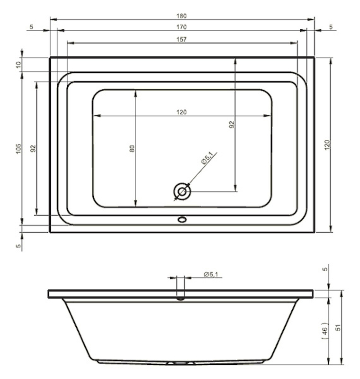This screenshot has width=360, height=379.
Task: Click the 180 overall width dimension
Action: pos(181,16)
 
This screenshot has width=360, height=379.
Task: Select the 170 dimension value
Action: pos(181,27)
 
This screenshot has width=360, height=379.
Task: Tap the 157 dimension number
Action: pos(181,39)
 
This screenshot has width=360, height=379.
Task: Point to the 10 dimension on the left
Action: pos(19,64)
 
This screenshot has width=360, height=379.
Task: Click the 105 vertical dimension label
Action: pos(18,149)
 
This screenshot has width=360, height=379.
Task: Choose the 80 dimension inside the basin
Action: pos(132,148)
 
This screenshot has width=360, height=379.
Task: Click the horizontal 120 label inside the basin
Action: pos(181,112)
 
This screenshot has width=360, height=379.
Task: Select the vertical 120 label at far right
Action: pos(327,145)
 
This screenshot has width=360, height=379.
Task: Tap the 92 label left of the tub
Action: pos(33,148)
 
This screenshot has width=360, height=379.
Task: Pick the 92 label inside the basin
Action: pos(232,125)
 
